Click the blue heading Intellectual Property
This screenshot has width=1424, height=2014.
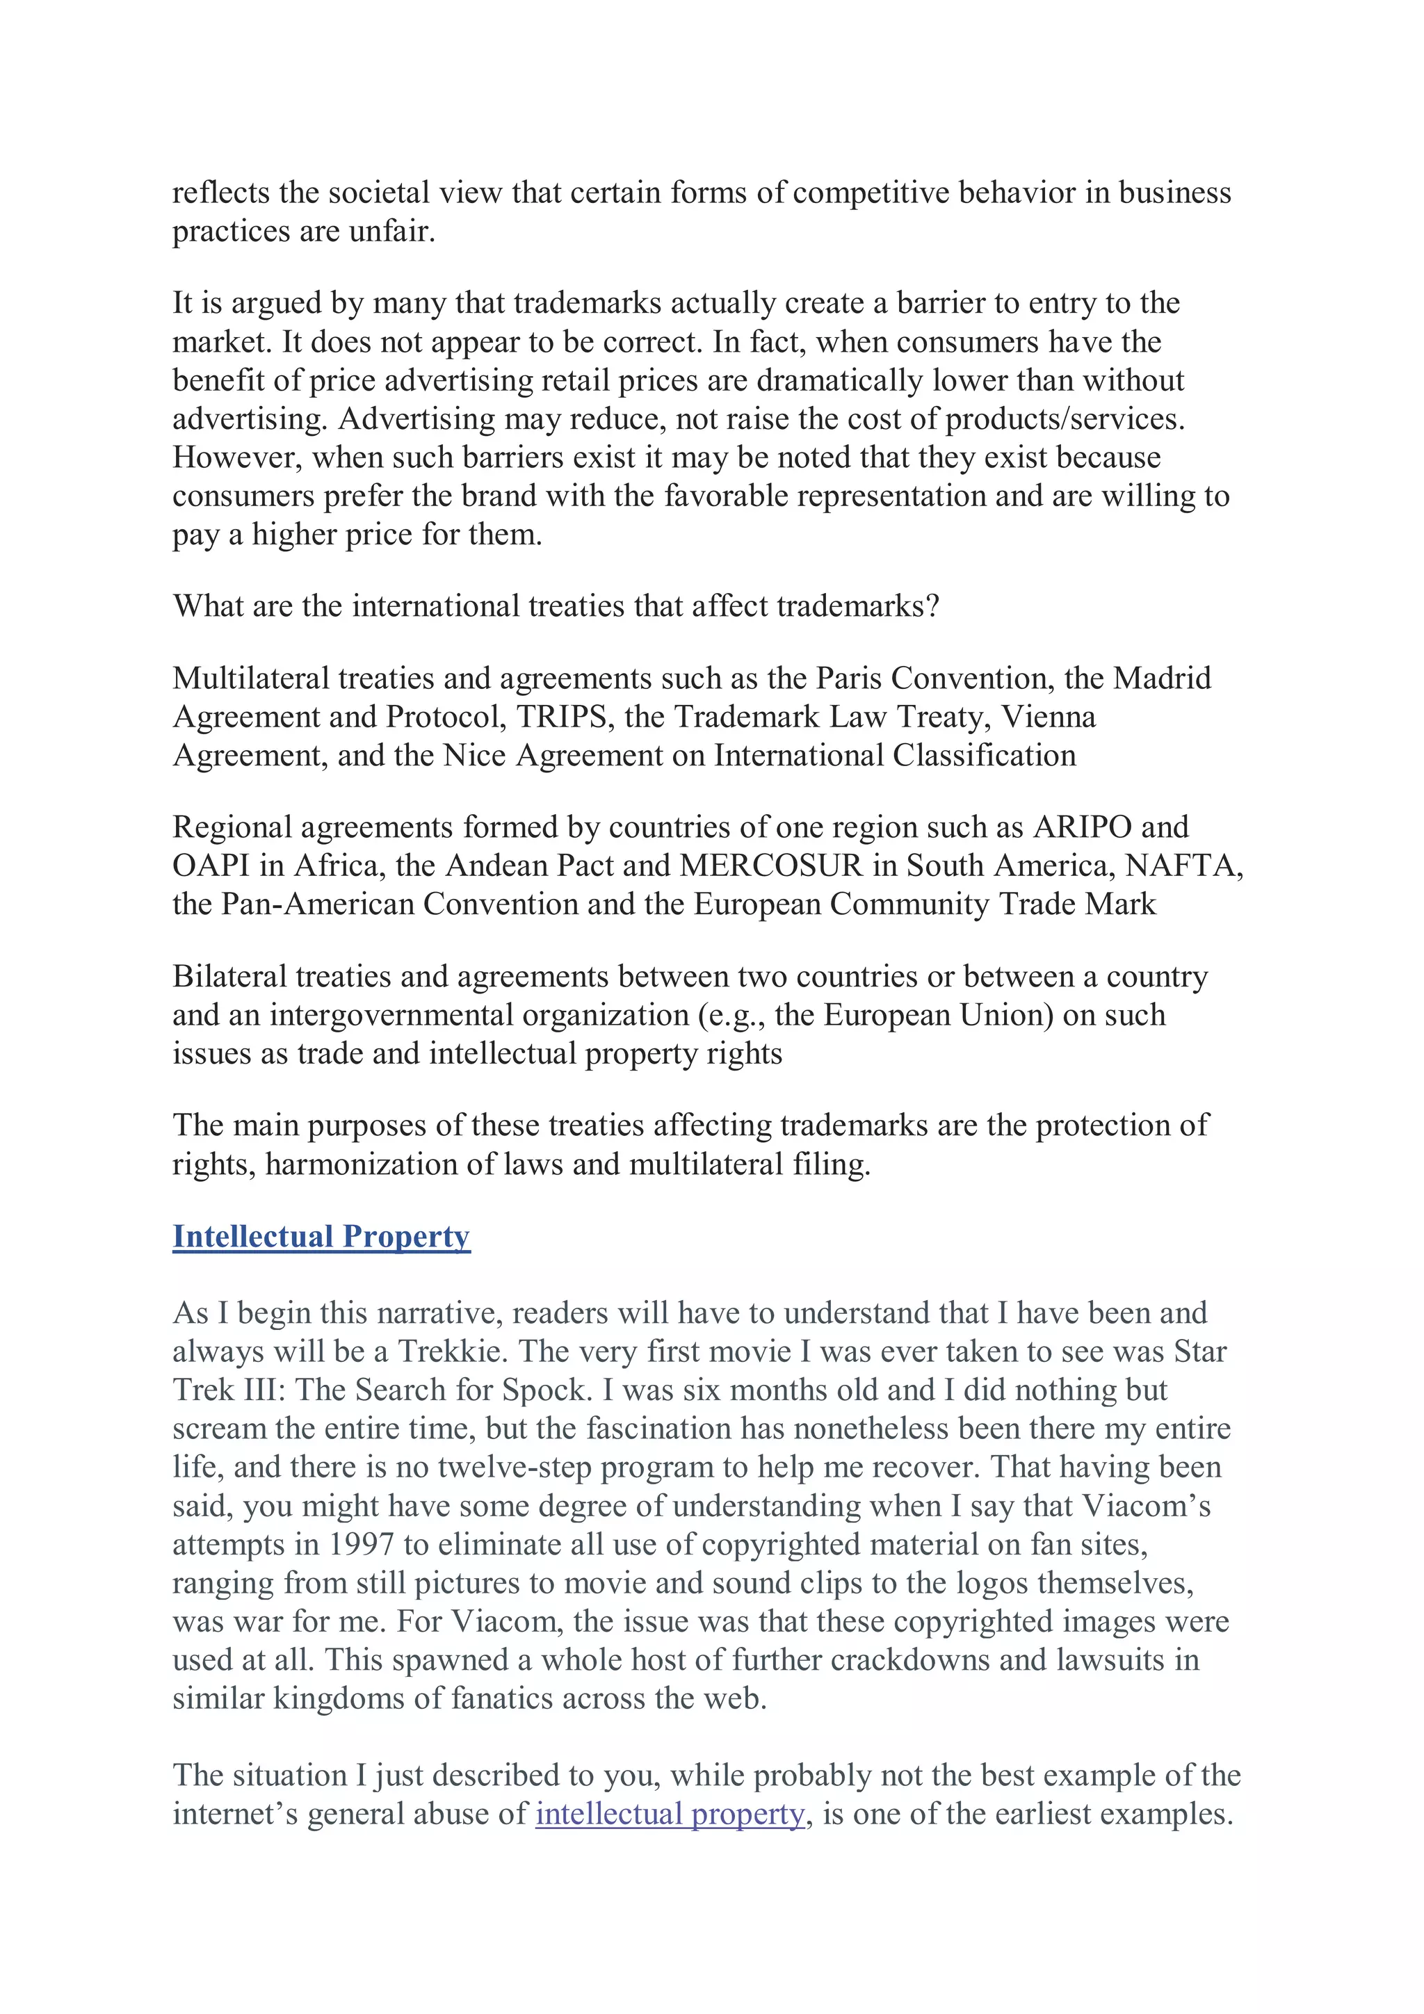(x=321, y=1236)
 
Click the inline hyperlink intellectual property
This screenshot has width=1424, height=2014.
(x=670, y=1814)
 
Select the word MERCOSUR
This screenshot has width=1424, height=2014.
(x=771, y=866)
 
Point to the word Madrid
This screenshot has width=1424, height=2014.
(x=1162, y=678)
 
